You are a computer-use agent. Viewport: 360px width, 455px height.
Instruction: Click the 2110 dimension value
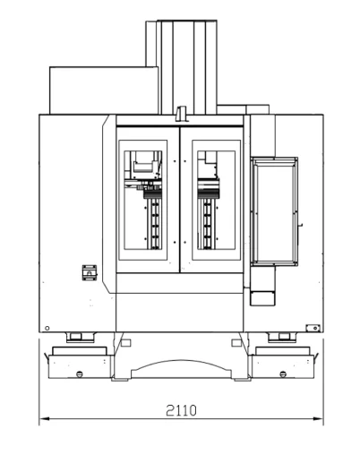point(181,410)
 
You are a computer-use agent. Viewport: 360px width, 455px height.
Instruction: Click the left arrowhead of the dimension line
point(44,419)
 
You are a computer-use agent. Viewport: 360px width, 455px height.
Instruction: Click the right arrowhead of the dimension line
point(318,419)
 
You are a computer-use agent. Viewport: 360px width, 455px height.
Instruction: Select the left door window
point(143,200)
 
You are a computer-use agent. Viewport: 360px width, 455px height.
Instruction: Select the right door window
point(217,200)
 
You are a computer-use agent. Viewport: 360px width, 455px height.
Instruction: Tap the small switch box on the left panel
point(90,272)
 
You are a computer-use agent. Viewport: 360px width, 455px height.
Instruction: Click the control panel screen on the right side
point(274,211)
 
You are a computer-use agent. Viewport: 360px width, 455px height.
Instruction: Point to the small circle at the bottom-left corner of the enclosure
point(47,328)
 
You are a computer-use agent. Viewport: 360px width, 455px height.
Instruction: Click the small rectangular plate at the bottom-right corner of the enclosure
point(313,328)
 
